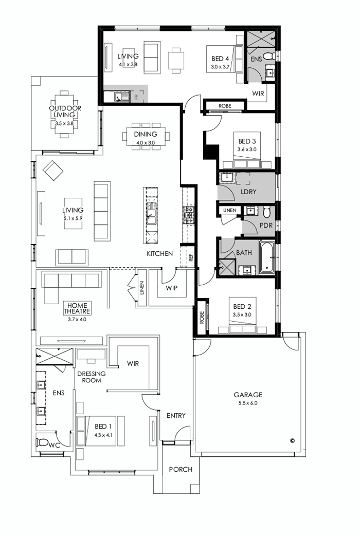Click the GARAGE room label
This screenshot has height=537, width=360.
[248, 395]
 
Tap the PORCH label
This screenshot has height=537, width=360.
[181, 469]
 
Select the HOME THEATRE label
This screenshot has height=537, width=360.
[77, 308]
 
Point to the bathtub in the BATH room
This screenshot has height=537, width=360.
[267, 256]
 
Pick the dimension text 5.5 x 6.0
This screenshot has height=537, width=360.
[248, 403]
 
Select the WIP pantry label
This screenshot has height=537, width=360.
[171, 288]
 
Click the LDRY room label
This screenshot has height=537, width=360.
[248, 192]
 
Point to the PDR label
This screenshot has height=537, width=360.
[266, 225]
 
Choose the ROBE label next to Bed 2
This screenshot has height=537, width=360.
[201, 317]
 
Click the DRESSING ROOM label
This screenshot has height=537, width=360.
[92, 377]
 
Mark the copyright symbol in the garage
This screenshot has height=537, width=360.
[292, 440]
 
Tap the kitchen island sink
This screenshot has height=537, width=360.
[151, 213]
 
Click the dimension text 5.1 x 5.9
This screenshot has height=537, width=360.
[73, 218]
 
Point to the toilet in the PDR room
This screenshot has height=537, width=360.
[266, 212]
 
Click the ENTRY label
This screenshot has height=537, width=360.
[176, 415]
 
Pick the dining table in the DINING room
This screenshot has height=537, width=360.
[146, 136]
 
